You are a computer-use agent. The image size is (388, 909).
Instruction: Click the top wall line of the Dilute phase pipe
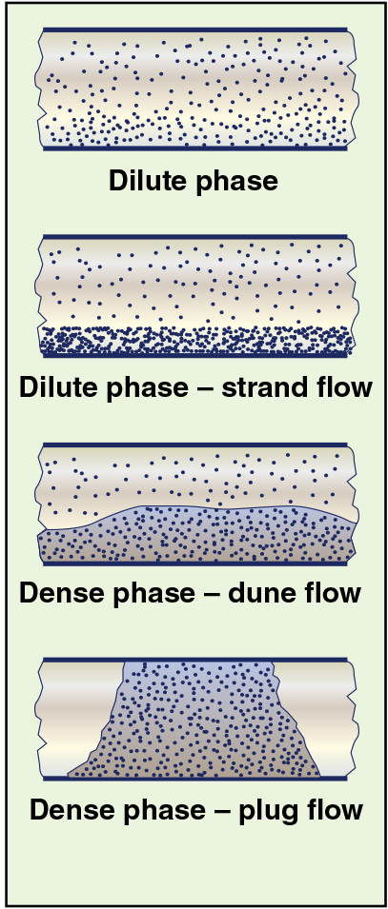[x=195, y=29]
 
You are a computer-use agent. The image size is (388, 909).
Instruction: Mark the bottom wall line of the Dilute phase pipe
[x=195, y=148]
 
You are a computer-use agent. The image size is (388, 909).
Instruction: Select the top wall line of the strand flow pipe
[x=195, y=237]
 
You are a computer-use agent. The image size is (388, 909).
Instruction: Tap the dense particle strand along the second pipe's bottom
[x=196, y=339]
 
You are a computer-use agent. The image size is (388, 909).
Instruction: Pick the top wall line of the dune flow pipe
[x=195, y=445]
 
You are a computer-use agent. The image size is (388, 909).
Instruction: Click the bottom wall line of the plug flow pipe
[x=195, y=779]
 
